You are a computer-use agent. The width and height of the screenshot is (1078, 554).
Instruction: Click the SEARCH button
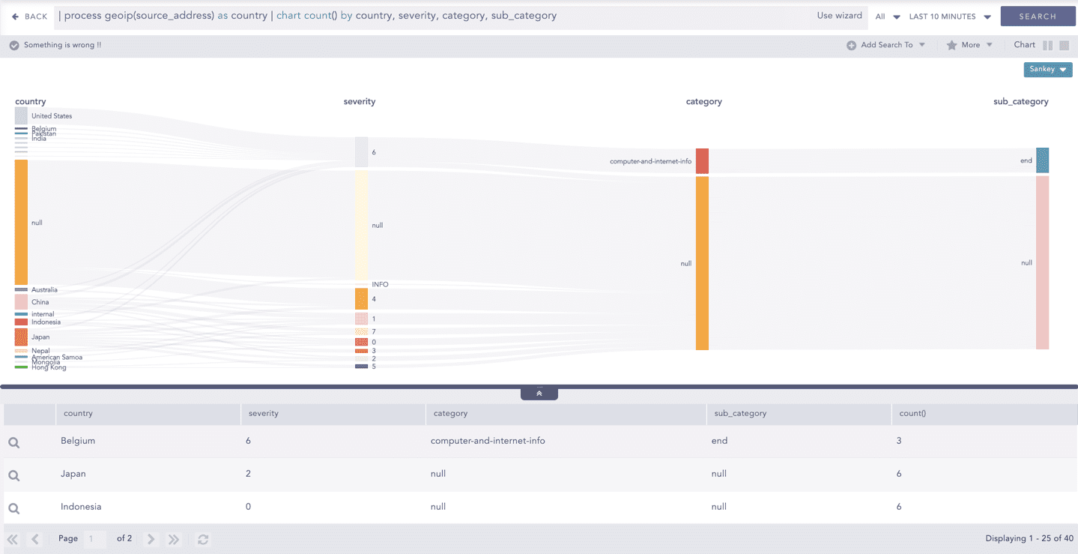pos(1037,16)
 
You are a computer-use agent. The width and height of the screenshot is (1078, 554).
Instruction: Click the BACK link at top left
pos(30,16)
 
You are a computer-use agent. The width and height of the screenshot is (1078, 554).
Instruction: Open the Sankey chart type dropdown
pos(1047,69)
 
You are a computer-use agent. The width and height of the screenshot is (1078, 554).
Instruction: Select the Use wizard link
pos(839,16)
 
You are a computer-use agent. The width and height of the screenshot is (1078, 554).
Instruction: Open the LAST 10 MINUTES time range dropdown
pos(949,16)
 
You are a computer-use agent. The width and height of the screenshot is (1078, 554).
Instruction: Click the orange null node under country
pos(21,222)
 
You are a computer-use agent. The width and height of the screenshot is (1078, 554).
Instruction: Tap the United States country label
pos(52,116)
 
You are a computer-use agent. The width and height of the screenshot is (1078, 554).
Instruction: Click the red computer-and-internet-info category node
pos(702,160)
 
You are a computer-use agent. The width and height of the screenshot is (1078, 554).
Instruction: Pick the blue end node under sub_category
pos(1042,160)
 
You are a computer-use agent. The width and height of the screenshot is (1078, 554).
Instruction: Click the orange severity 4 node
pos(361,299)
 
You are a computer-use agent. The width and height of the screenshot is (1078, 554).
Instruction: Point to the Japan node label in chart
pos(40,337)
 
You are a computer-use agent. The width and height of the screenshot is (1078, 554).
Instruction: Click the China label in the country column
pos(40,302)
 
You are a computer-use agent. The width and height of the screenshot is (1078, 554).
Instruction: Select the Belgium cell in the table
pos(78,441)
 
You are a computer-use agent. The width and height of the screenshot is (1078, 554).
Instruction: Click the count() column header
pos(912,413)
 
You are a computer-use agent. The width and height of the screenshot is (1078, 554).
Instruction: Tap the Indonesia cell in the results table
pos(81,507)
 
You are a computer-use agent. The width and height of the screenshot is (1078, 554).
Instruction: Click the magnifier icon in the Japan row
pos(13,475)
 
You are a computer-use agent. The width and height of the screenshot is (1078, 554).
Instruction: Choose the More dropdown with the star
pos(969,45)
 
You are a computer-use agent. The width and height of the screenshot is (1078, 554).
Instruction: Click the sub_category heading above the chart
pos(1020,101)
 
